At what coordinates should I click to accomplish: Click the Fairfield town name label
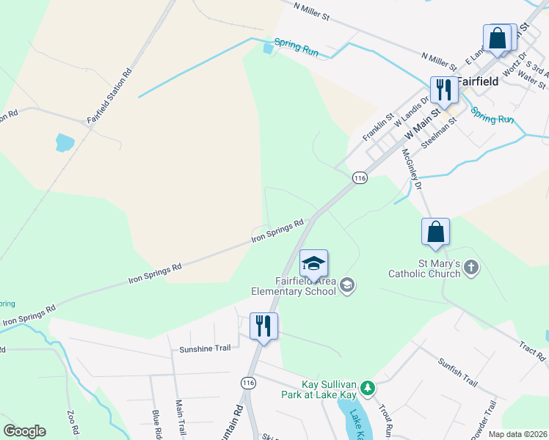point(478,81)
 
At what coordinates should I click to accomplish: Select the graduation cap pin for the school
point(313,264)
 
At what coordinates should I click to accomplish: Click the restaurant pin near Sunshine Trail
point(263,326)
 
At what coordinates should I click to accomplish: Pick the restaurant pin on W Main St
point(444,90)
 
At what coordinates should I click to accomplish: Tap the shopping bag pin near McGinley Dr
point(435,231)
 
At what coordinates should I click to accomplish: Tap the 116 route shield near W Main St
point(359,177)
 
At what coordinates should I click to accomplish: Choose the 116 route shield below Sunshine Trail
point(249,383)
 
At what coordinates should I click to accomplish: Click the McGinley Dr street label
point(412,169)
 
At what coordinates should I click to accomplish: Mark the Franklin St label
point(379,126)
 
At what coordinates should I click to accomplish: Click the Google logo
point(24,431)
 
